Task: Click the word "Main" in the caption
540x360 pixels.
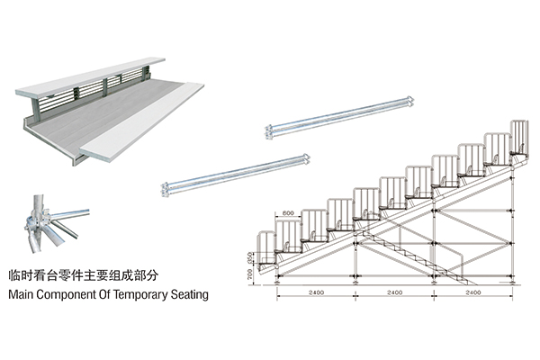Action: pyautogui.click(x=22, y=294)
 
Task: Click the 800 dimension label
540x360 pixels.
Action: pyautogui.click(x=287, y=212)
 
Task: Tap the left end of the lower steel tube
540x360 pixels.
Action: pyautogui.click(x=165, y=191)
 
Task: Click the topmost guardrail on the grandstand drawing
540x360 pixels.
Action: pyautogui.click(x=520, y=135)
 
